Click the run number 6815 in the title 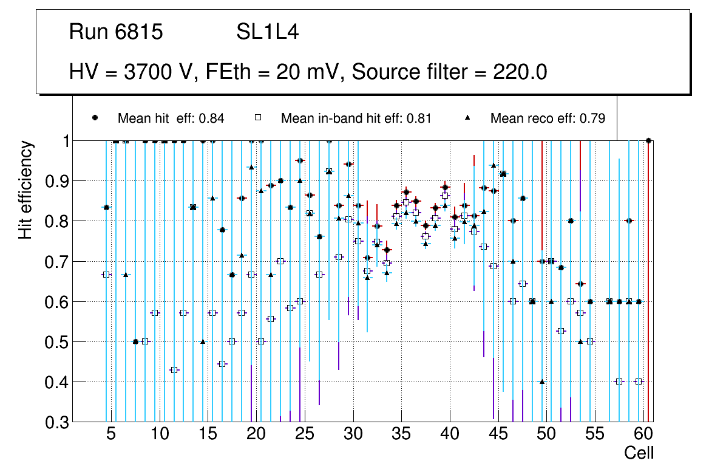point(140,32)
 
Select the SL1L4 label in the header point(267,32)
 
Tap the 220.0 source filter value point(518,72)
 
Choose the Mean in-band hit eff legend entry point(356,118)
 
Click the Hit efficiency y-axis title point(25,190)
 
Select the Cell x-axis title point(639,453)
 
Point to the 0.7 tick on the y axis point(58,262)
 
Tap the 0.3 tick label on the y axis point(58,422)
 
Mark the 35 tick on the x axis point(401,435)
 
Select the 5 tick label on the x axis point(110,435)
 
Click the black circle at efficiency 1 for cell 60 point(648,141)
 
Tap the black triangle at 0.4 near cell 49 point(542,382)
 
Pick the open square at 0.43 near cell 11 point(174,370)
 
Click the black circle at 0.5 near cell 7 point(135,341)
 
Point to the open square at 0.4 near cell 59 point(639,382)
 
